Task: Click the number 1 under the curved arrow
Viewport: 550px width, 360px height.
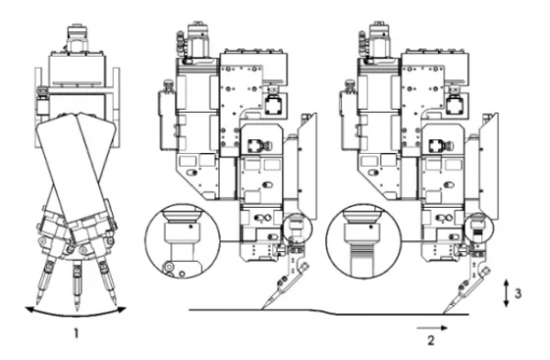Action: tap(76, 333)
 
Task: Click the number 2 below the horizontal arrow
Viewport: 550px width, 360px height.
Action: tap(431, 340)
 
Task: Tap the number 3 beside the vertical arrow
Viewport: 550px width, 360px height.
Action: tap(518, 293)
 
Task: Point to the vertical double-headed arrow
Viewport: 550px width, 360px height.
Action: tap(506, 293)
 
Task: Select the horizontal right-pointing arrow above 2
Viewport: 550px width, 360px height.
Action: tap(432, 328)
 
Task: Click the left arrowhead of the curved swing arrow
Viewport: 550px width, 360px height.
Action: tap(28, 310)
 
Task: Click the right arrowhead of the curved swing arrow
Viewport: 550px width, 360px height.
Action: tap(122, 310)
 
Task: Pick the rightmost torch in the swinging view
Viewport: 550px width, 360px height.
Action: tap(107, 280)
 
